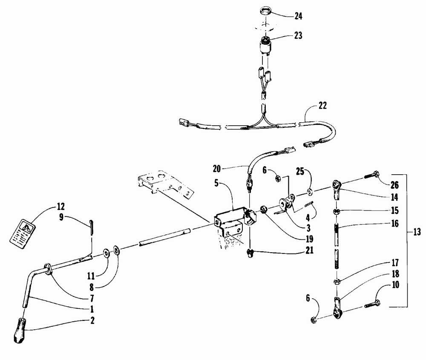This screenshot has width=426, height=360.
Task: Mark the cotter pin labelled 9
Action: click(92, 225)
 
